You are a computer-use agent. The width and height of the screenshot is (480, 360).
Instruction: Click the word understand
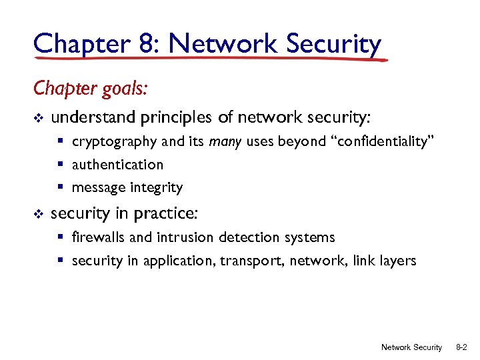93,118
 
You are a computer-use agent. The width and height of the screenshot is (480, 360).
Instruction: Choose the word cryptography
109,141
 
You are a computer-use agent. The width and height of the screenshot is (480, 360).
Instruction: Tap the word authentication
117,165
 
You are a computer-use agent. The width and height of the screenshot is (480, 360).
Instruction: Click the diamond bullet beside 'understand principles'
38,119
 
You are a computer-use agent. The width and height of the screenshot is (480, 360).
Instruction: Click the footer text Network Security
411,347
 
